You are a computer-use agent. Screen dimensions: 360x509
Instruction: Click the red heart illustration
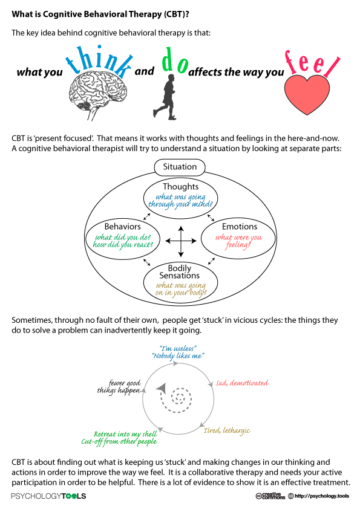pyautogui.click(x=307, y=95)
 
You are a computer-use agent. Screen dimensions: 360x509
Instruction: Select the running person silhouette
pyautogui.click(x=166, y=97)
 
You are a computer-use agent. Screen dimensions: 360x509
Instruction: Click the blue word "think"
pyautogui.click(x=100, y=62)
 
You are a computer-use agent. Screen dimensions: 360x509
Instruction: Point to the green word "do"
pyautogui.click(x=175, y=60)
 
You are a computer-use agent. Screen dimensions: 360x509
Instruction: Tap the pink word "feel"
pyautogui.click(x=312, y=64)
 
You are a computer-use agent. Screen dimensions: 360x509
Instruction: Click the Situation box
pyautogui.click(x=180, y=167)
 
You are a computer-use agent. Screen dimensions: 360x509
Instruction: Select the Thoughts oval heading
pyautogui.click(x=181, y=187)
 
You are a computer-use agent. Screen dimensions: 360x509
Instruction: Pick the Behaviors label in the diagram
pyautogui.click(x=122, y=226)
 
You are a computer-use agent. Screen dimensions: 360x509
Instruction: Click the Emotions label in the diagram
pyautogui.click(x=240, y=226)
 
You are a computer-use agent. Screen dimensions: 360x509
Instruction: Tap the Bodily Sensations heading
pyautogui.click(x=179, y=271)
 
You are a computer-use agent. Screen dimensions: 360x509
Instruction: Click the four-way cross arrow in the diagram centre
pyautogui.click(x=181, y=241)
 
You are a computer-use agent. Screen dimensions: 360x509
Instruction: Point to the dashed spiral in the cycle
pyautogui.click(x=175, y=398)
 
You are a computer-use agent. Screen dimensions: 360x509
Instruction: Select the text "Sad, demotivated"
pyautogui.click(x=243, y=383)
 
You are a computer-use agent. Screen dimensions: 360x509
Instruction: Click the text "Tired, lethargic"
pyautogui.click(x=227, y=431)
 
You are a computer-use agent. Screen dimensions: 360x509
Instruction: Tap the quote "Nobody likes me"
pyautogui.click(x=178, y=356)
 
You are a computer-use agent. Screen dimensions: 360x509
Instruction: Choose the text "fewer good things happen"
pyautogui.click(x=119, y=387)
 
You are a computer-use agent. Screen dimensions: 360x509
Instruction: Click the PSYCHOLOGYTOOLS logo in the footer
pyautogui.click(x=48, y=496)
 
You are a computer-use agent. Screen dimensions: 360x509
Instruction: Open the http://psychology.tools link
pyautogui.click(x=322, y=496)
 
